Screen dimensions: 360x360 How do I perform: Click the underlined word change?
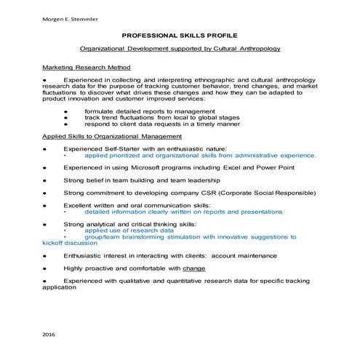click(194, 268)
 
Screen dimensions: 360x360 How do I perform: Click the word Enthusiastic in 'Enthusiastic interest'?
click(89, 255)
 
